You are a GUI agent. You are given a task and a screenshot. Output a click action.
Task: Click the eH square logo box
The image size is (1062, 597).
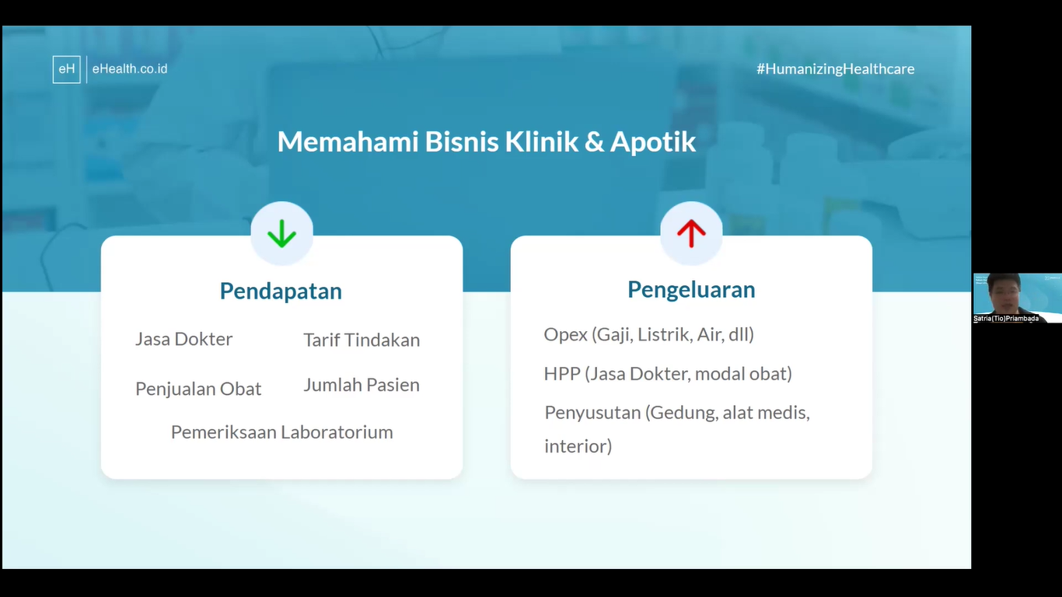pos(66,69)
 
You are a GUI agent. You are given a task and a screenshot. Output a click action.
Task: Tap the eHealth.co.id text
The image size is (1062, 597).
pos(129,68)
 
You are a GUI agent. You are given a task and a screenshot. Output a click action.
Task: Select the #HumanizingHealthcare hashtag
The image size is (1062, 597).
pos(836,68)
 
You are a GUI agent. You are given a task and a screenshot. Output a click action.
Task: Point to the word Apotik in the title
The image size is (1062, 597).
pos(653,141)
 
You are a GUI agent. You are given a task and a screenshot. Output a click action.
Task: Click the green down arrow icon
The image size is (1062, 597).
pos(281,233)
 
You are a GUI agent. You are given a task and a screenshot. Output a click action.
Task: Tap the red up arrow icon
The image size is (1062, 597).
pos(691,233)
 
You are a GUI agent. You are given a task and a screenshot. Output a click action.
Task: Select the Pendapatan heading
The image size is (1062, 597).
pos(281,291)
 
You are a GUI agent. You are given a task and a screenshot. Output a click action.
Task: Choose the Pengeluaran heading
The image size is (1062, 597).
pos(691,290)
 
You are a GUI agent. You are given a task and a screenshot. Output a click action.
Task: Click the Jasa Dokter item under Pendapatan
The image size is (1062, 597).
pos(184,339)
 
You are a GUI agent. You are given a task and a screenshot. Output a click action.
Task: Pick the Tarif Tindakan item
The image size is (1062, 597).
pos(362,340)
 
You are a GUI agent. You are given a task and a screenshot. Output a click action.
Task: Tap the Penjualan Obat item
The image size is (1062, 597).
pos(198,389)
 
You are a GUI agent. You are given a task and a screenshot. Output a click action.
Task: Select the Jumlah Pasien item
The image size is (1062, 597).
pos(362,385)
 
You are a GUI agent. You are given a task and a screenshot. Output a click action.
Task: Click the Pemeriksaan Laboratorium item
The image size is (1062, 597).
pos(282,432)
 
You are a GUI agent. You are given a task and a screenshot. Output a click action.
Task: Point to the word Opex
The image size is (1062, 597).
pos(566,335)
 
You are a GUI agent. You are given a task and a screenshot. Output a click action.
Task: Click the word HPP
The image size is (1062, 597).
pos(562,374)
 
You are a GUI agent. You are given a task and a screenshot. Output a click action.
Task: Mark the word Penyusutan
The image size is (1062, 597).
pos(592,413)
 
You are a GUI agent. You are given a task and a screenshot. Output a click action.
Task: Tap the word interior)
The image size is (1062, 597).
pos(578,446)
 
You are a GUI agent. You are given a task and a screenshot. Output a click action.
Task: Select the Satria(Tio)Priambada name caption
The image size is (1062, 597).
pos(1006,318)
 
